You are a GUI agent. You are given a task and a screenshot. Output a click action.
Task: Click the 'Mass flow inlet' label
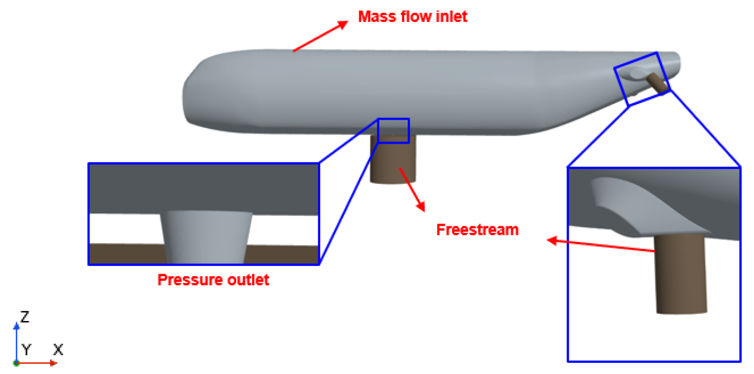click(x=413, y=16)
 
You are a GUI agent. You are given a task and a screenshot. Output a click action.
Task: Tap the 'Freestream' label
click(x=478, y=230)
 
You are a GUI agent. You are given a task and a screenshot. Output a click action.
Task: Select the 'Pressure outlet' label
click(x=213, y=280)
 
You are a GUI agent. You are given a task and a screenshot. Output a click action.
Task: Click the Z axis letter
click(x=25, y=317)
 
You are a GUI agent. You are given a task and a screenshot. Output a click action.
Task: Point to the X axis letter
click(x=58, y=350)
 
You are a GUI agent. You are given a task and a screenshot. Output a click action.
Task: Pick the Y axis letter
click(x=26, y=350)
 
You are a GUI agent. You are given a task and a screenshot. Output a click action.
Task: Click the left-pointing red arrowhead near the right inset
click(x=552, y=241)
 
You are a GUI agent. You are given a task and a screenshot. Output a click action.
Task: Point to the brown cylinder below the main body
click(x=393, y=159)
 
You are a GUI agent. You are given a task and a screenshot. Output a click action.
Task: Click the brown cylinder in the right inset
click(x=681, y=274)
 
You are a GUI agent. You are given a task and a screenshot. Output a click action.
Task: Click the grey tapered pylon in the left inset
click(x=206, y=237)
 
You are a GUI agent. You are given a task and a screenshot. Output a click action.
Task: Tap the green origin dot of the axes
click(x=16, y=363)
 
